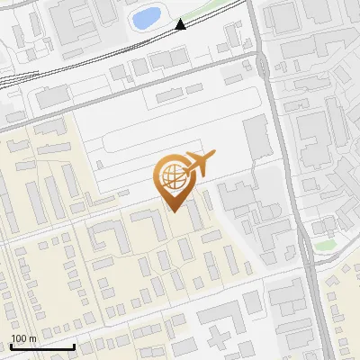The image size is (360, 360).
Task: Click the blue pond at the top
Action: tap(146, 17)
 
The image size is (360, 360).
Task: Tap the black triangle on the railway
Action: tap(181, 24)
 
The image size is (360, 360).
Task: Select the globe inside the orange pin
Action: tap(173, 177)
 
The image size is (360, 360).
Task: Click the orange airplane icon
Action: tap(198, 165)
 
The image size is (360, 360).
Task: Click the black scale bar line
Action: tap(42, 346)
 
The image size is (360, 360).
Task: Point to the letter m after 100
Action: tap(32, 337)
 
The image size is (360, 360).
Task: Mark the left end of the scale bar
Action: tap(12, 346)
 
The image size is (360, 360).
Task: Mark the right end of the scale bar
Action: tap(74, 346)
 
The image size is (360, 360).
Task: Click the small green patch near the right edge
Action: tap(324, 244)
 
